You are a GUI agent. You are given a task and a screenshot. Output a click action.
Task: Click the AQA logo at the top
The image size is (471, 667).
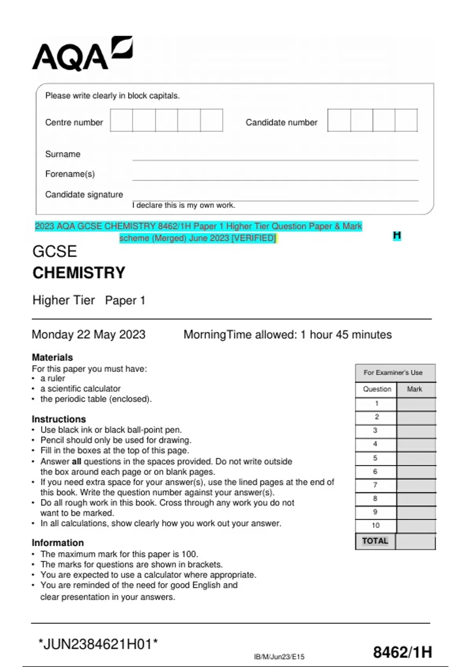(82, 54)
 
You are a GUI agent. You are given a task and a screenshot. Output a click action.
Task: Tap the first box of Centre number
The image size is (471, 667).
(121, 120)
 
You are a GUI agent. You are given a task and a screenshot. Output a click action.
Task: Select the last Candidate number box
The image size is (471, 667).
(406, 120)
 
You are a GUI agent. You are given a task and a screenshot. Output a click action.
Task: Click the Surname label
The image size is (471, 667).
(63, 154)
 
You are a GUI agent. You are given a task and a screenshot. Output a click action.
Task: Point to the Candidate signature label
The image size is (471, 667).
(84, 195)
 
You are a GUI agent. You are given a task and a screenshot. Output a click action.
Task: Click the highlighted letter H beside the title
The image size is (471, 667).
(397, 235)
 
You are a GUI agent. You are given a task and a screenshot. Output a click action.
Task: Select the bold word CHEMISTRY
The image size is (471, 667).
(79, 273)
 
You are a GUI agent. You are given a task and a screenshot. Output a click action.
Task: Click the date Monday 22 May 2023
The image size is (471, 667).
(89, 335)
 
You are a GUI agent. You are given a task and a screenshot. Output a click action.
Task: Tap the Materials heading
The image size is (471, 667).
(52, 357)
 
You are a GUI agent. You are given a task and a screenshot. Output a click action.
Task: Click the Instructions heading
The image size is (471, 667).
(58, 419)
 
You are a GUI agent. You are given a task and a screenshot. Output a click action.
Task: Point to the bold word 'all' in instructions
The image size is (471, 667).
(76, 461)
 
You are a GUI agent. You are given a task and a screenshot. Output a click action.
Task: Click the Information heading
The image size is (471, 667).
(58, 543)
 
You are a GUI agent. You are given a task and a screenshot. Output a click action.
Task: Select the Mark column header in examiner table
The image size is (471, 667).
(414, 389)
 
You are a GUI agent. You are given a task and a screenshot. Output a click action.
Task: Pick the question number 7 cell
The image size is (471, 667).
(375, 485)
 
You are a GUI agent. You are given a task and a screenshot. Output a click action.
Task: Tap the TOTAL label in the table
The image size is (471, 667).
(375, 541)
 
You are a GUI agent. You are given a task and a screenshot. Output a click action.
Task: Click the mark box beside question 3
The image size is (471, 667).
(416, 430)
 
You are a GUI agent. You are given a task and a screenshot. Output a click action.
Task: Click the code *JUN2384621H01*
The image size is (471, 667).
(98, 644)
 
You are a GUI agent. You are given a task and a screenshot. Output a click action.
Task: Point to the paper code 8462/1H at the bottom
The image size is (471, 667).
(402, 652)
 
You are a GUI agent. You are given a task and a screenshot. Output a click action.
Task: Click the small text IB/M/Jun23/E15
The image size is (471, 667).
(279, 657)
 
